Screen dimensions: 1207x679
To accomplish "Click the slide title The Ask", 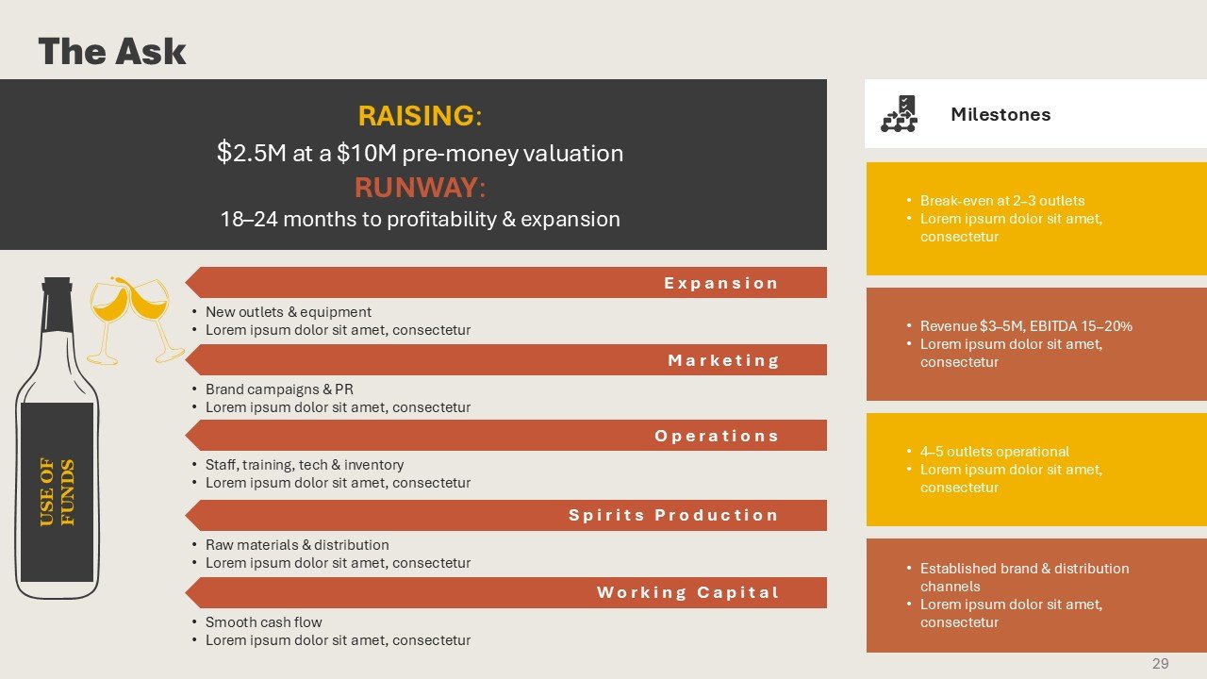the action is pos(112,52).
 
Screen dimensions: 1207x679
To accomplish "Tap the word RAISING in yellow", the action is pos(416,115).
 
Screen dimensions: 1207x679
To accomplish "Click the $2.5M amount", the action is pos(252,153).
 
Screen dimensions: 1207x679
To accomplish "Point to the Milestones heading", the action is pos(1000,114).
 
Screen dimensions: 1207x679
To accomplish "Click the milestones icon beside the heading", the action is pos(899,114).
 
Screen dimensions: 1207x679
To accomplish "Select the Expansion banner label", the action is pos(721,283).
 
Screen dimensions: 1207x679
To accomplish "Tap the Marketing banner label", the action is pos(723,360).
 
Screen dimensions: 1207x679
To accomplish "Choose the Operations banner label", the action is pos(717,436).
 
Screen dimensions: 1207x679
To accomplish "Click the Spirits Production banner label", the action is pos(673,515).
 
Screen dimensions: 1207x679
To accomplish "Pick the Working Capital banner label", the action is pos(688,592).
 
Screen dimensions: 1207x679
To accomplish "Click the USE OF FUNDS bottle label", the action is pos(58,491).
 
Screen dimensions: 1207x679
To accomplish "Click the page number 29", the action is pos(1161,663).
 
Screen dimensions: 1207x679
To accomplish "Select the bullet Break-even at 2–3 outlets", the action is pos(1002,201).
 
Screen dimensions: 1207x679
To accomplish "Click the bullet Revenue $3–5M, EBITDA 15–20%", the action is pos(1026,326).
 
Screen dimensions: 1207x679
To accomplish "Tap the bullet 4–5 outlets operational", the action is pos(994,452).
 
